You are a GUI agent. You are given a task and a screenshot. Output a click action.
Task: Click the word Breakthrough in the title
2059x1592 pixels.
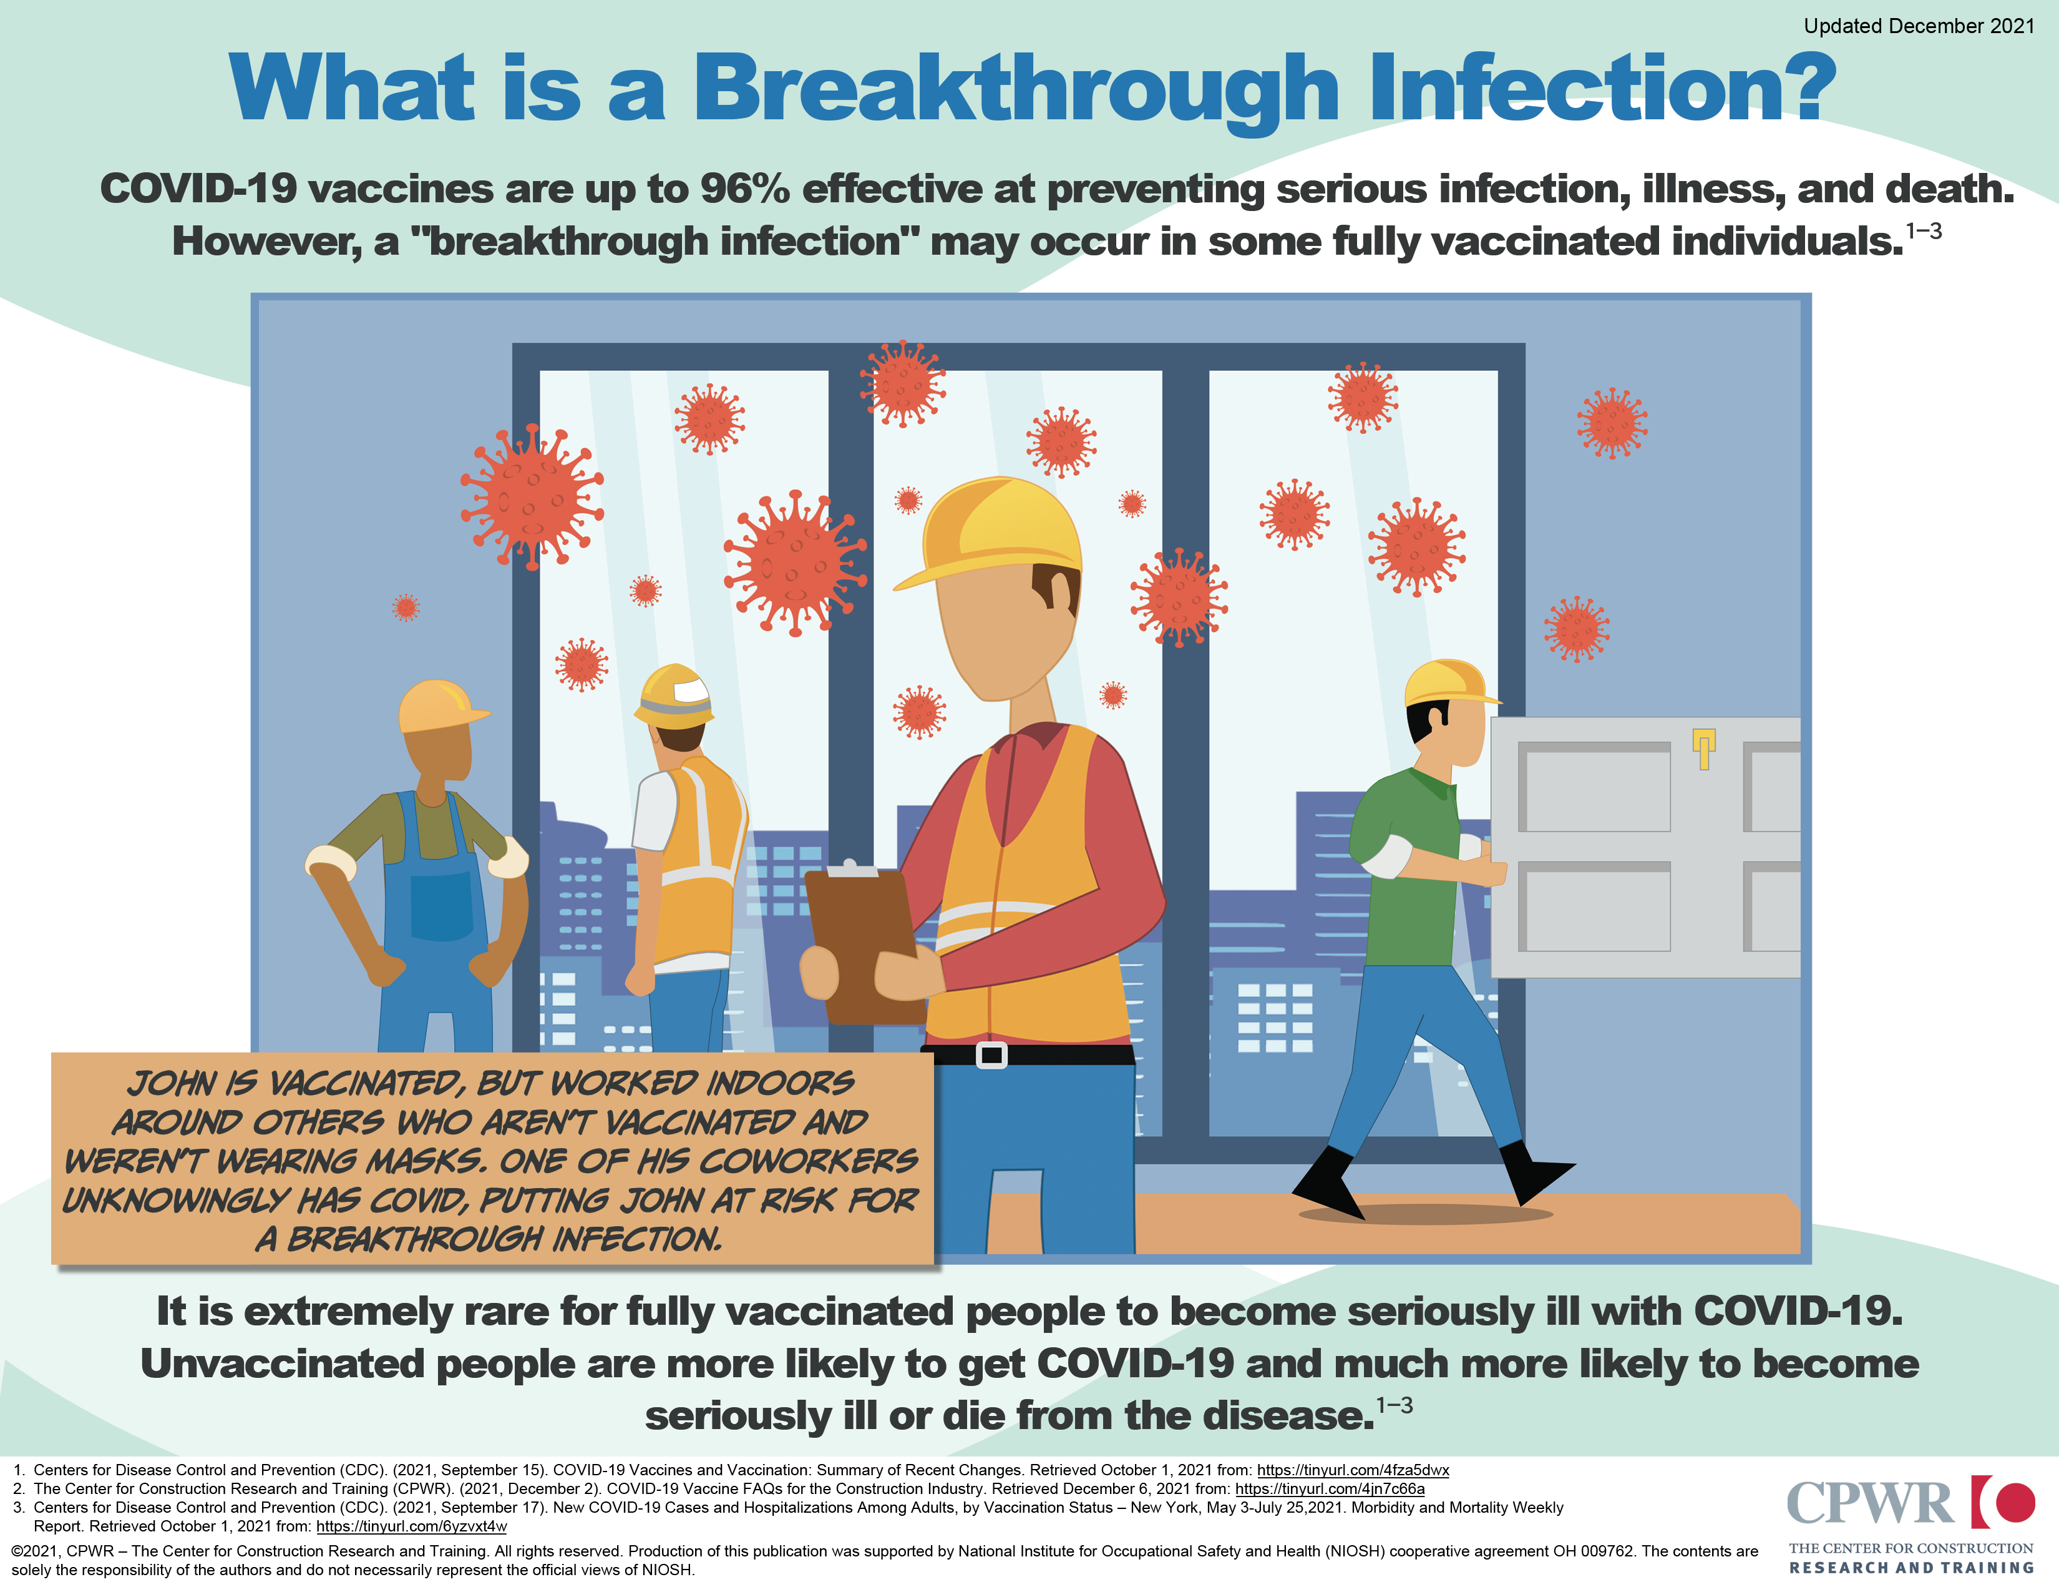(1016, 90)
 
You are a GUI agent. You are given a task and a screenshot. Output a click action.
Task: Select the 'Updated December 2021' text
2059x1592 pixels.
(1919, 26)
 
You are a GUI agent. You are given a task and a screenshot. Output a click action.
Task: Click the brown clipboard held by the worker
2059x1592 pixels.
(862, 943)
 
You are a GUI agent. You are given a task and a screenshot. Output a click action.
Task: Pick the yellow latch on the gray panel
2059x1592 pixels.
(1703, 748)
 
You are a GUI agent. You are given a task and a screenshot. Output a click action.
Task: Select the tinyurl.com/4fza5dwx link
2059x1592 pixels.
(1353, 1470)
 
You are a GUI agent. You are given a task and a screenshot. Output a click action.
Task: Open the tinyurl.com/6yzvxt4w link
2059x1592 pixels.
(411, 1526)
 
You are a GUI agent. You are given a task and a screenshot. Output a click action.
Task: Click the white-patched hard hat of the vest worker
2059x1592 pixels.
(673, 696)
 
